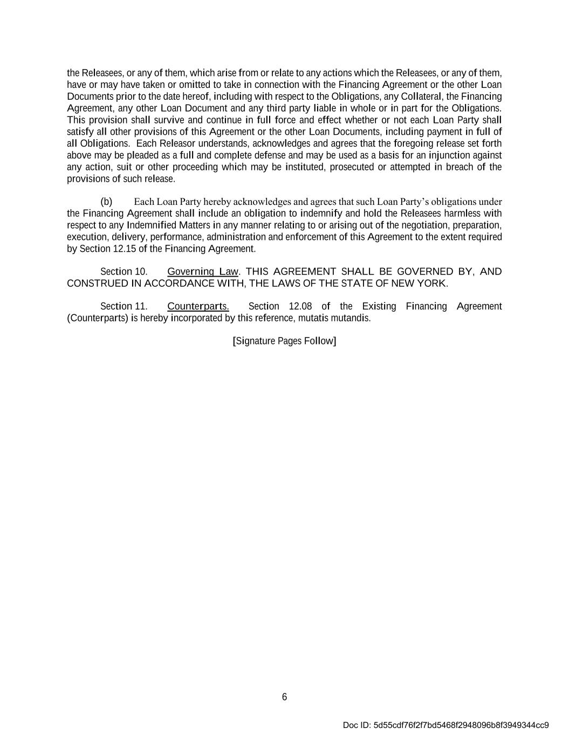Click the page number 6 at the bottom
284,697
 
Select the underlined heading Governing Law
203,272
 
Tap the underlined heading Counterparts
198,307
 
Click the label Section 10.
124,272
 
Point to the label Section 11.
124,307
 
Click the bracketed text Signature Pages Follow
284,341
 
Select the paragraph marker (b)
106,202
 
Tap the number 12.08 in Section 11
300,307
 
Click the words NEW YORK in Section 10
419,284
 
